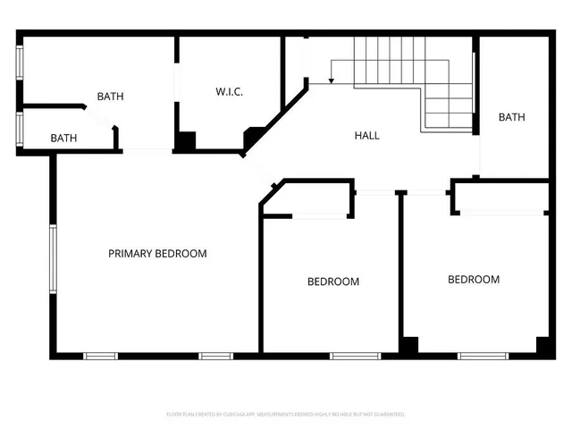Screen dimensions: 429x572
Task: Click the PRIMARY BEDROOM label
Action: [x=157, y=254]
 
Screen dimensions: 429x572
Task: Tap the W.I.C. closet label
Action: [x=229, y=92]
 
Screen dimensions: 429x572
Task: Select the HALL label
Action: [x=366, y=136]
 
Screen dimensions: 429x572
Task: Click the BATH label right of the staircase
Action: [x=511, y=117]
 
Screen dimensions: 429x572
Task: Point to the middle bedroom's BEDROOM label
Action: [x=333, y=282]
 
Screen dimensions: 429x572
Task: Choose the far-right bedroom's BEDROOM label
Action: [x=473, y=280]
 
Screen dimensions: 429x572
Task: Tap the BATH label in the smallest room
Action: [x=63, y=139]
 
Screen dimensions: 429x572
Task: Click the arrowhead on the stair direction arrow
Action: [x=331, y=81]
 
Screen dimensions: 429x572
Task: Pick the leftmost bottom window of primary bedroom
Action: [x=100, y=356]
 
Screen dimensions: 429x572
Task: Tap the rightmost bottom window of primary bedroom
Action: [x=215, y=356]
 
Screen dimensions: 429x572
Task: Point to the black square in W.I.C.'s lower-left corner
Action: [x=186, y=141]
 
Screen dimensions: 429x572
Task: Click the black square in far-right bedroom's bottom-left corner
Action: [x=408, y=344]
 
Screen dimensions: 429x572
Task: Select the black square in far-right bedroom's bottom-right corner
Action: [x=543, y=344]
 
